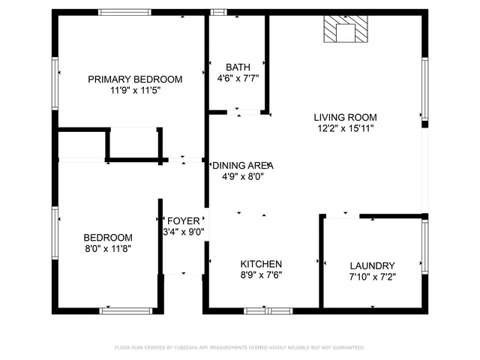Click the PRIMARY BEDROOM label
pos(135,79)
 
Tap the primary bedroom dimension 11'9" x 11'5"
pos(135,90)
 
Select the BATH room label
pos(238,67)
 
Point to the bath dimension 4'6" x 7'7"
pos(238,77)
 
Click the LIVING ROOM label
pos(345,117)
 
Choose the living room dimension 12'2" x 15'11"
pos(345,128)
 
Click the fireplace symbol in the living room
pos(346,30)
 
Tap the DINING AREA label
pos(242,166)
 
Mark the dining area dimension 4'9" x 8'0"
pos(242,177)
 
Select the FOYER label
pos(184,220)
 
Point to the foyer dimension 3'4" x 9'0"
pos(184,232)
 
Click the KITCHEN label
pos(261,264)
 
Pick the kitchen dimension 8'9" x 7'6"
pos(261,274)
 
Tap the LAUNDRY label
pos(372,265)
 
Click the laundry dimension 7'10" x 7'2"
pos(372,277)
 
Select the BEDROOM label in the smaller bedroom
pos(108,237)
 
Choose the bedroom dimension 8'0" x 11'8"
pos(108,248)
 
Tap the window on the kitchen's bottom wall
pos(268,310)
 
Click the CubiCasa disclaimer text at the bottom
pos(239,348)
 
